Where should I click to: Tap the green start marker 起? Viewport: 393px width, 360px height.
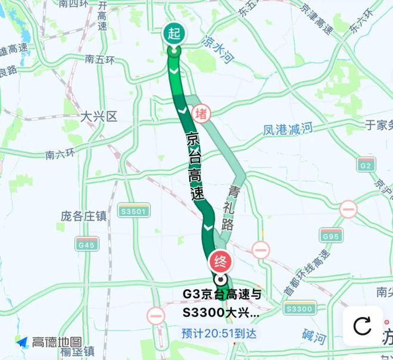[174, 35]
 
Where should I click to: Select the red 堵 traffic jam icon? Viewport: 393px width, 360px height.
[201, 112]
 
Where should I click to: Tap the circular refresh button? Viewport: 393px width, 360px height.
[362, 325]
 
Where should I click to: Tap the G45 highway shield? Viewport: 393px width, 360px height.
[87, 244]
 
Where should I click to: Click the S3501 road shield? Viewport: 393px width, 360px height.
[134, 211]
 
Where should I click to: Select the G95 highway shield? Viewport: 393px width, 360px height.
[331, 236]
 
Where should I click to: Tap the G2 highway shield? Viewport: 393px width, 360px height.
[366, 164]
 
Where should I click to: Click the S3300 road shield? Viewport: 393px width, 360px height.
[299, 308]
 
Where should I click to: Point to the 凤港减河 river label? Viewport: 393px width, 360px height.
[288, 129]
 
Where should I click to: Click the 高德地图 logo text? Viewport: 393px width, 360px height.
[56, 343]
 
